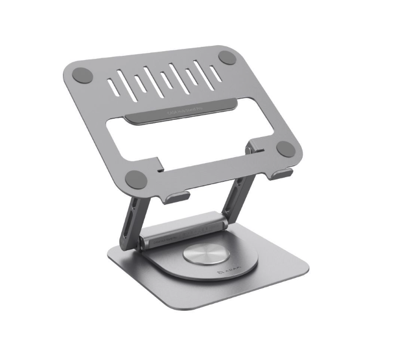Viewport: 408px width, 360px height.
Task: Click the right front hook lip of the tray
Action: pyautogui.click(x=283, y=174)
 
